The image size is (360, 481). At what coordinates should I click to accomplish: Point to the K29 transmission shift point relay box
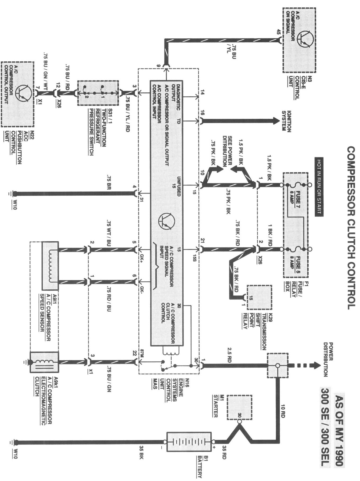click(259, 297)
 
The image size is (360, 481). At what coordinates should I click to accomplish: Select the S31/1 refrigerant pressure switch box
click(98, 93)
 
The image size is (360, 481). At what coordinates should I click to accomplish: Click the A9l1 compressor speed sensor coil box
click(50, 266)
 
